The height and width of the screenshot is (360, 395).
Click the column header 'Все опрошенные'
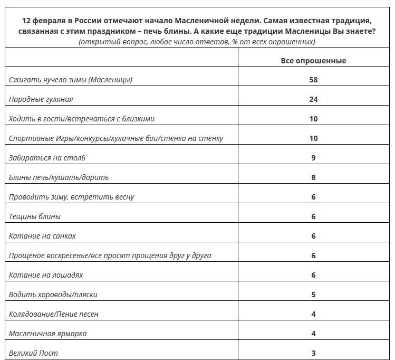(313, 61)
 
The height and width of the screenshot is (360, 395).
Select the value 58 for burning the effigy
(313, 80)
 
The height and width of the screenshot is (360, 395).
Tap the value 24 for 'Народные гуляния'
(313, 99)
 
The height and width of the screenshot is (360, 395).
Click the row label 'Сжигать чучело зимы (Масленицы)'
(71, 80)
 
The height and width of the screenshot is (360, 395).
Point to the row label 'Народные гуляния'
(41, 99)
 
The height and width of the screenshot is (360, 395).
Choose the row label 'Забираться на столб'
(47, 158)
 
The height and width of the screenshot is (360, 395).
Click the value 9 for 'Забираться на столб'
(313, 158)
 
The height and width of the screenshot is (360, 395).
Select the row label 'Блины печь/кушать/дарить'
(59, 177)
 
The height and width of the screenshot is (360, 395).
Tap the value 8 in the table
(313, 177)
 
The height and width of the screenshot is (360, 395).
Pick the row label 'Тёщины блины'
(35, 216)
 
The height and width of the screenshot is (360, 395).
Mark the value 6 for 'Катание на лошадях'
(313, 275)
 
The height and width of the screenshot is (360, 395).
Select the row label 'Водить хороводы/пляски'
(53, 295)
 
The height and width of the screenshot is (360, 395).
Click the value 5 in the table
(313, 295)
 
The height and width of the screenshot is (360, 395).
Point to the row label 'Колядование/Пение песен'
(54, 314)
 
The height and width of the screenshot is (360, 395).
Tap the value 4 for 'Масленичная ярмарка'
(313, 334)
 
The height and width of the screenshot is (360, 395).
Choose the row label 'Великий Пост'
(33, 353)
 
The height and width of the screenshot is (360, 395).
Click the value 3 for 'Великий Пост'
(313, 353)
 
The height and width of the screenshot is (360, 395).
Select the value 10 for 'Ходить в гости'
(313, 119)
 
